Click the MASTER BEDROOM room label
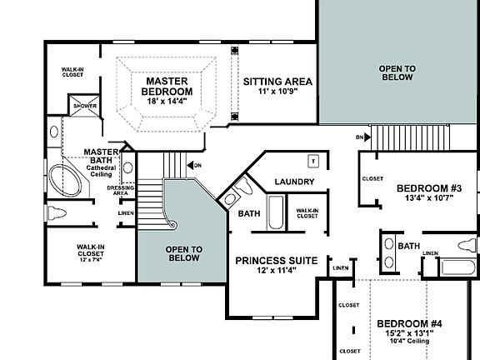coord(167,85)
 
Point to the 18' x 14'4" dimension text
coord(167,101)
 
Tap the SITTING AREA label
coord(277,81)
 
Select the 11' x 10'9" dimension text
coord(277,92)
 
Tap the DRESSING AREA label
coord(121,190)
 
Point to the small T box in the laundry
coord(313,160)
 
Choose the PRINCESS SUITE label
coord(275,261)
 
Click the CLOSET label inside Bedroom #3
coord(372,178)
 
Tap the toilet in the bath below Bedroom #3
coord(467,246)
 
